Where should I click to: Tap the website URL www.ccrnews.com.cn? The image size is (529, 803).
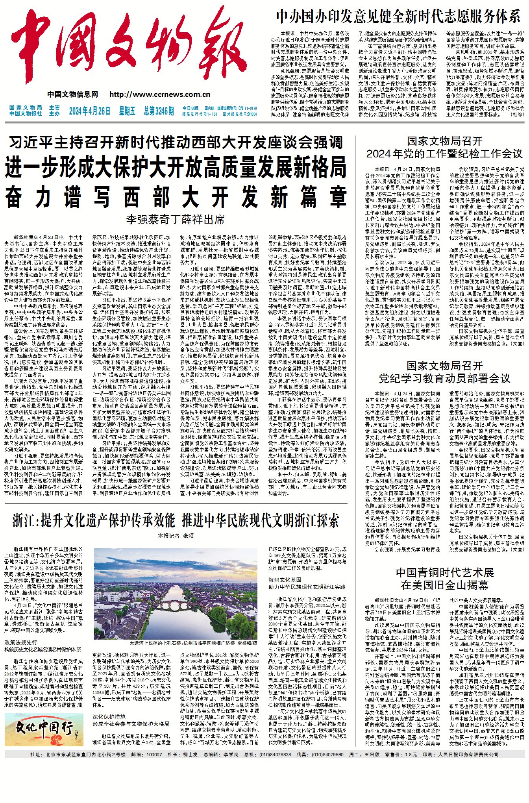pyautogui.click(x=159, y=94)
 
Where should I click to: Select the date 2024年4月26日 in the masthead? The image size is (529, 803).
pyautogui.click(x=90, y=111)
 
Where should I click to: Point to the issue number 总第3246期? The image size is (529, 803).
pyautogui.click(x=158, y=111)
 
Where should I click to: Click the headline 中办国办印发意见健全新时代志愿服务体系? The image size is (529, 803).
pyautogui.click(x=398, y=17)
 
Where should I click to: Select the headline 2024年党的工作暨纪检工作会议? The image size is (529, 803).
pyautogui.click(x=444, y=154)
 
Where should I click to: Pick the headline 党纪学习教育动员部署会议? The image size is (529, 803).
pyautogui.click(x=444, y=379)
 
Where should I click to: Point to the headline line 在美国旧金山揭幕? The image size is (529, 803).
pyautogui.click(x=444, y=585)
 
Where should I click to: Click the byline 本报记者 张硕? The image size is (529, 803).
pyautogui.click(x=176, y=536)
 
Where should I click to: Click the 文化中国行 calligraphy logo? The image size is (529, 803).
pyautogui.click(x=44, y=724)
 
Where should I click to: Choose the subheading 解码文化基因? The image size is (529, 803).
pyautogui.click(x=285, y=580)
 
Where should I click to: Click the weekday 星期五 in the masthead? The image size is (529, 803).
pyautogui.click(x=127, y=111)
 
